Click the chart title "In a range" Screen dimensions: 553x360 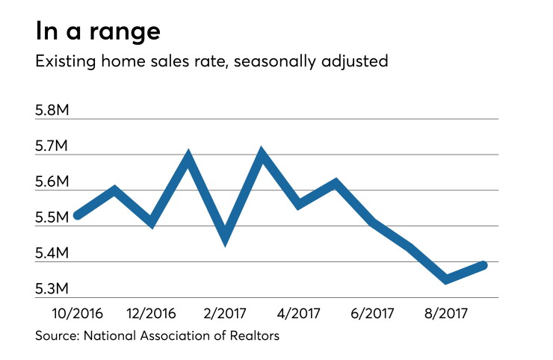98,32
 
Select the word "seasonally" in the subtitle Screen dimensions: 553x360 275,62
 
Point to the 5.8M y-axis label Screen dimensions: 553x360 52,111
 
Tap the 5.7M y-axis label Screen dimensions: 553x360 52,146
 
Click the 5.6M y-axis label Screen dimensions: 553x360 52,181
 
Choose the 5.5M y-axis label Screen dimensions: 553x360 52,217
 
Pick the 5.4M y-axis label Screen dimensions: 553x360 52,253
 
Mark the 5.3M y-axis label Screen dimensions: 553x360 52,289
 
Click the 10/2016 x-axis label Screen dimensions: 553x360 77,313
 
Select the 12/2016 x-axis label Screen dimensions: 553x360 151,313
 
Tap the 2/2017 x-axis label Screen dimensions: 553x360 225,313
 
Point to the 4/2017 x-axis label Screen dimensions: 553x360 298,313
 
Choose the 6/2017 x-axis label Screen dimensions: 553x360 372,313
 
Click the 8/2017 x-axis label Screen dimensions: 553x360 446,313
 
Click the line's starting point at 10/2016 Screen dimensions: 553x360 78,215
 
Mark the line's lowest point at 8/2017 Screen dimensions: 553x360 446,279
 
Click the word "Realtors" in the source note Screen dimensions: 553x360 254,335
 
